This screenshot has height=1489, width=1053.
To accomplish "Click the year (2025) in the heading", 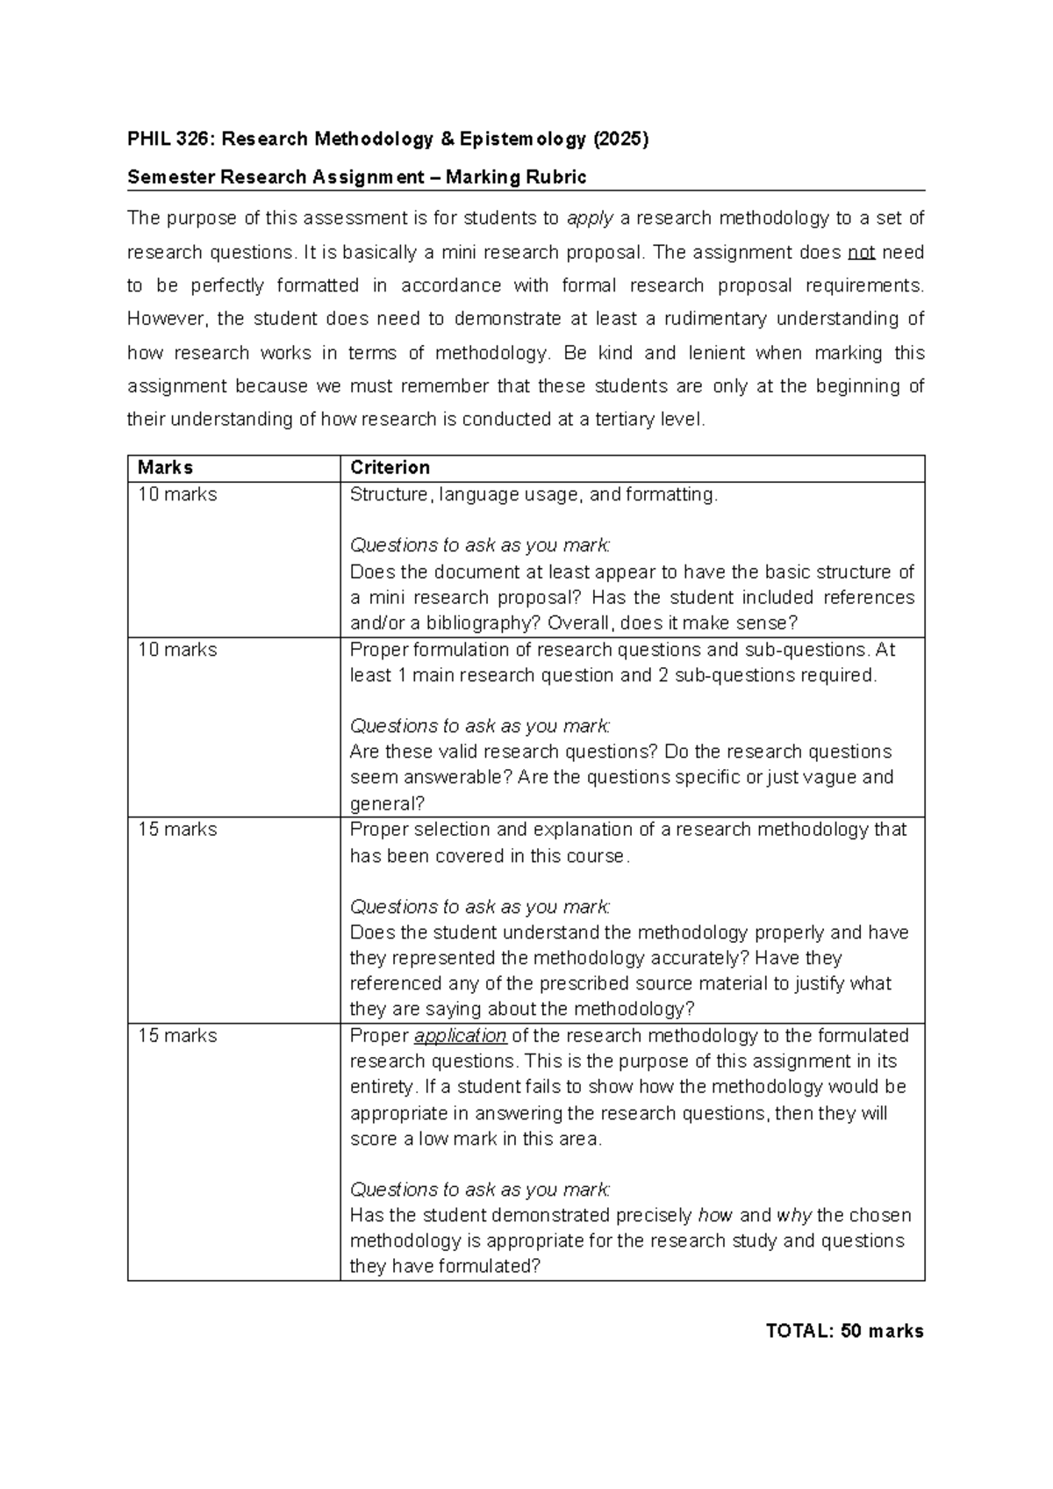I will point(620,139).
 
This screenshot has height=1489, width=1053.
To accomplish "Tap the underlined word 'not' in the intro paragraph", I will point(861,253).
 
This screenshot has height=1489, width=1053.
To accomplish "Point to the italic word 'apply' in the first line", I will point(590,219).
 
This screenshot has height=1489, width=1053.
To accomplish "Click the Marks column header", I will point(166,468).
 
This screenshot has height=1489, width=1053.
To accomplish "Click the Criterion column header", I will point(390,468).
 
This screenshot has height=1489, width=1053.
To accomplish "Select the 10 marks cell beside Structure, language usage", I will point(177,495).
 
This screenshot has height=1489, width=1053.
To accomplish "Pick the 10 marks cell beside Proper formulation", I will point(177,651).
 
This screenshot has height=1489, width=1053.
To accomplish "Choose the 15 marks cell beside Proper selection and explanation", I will point(177,830).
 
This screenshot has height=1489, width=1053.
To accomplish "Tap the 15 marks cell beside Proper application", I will point(177,1036).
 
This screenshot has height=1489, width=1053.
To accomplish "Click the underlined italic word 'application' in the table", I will point(460,1036).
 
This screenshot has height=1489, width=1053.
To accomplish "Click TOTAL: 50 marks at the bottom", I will point(844,1331).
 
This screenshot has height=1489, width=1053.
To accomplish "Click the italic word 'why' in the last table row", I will point(793,1216).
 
